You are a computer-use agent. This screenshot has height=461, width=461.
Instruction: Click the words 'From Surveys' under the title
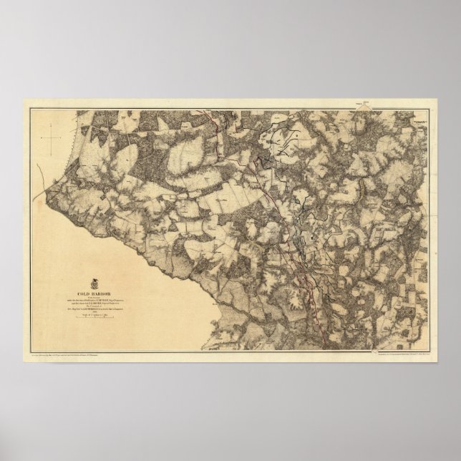pos(101,294)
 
